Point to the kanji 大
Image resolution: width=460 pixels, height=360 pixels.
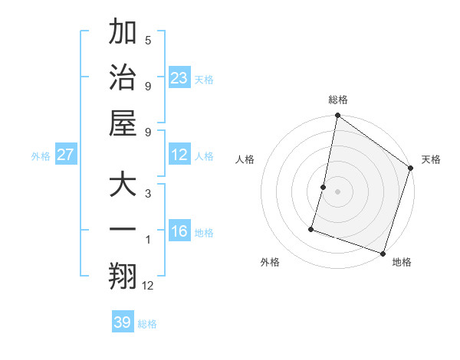123,186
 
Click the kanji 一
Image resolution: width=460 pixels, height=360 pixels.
123,231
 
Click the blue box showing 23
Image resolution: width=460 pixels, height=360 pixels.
179,77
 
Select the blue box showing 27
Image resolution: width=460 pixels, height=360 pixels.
66,155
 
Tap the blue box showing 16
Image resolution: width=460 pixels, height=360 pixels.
179,231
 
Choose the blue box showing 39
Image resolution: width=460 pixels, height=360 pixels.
122,322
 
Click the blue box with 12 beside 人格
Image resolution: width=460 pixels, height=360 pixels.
179,155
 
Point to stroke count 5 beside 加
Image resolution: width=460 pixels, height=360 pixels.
148,41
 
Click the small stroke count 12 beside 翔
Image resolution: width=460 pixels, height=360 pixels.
148,285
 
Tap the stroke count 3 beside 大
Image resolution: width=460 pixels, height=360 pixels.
148,194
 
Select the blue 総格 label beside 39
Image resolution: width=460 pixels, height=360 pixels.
147,324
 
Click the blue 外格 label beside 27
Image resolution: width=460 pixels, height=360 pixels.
41,156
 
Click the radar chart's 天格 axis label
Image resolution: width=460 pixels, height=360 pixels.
431,159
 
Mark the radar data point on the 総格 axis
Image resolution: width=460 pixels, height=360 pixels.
337,116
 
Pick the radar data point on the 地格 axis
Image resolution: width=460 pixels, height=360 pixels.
382,253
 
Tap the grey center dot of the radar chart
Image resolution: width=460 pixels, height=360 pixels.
337,191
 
